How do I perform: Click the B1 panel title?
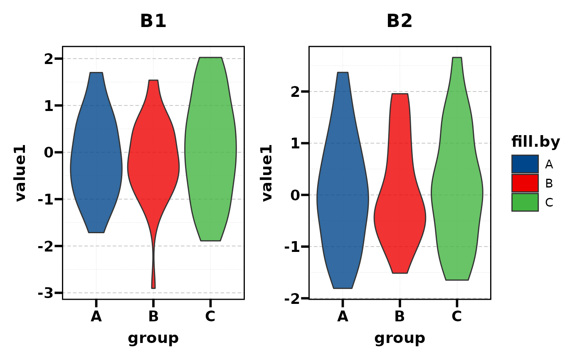(153, 21)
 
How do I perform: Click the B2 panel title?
(399, 21)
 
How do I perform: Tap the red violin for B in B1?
(153, 162)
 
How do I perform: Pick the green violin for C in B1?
(210, 150)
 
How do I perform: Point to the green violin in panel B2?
(457, 187)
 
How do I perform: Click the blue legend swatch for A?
(525, 164)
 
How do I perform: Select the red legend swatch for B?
(525, 183)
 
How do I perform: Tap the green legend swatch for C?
(525, 202)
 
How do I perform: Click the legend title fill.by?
(535, 142)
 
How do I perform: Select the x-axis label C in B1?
(210, 317)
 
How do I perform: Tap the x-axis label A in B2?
(343, 317)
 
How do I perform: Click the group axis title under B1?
(153, 338)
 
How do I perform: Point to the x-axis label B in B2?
(400, 317)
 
